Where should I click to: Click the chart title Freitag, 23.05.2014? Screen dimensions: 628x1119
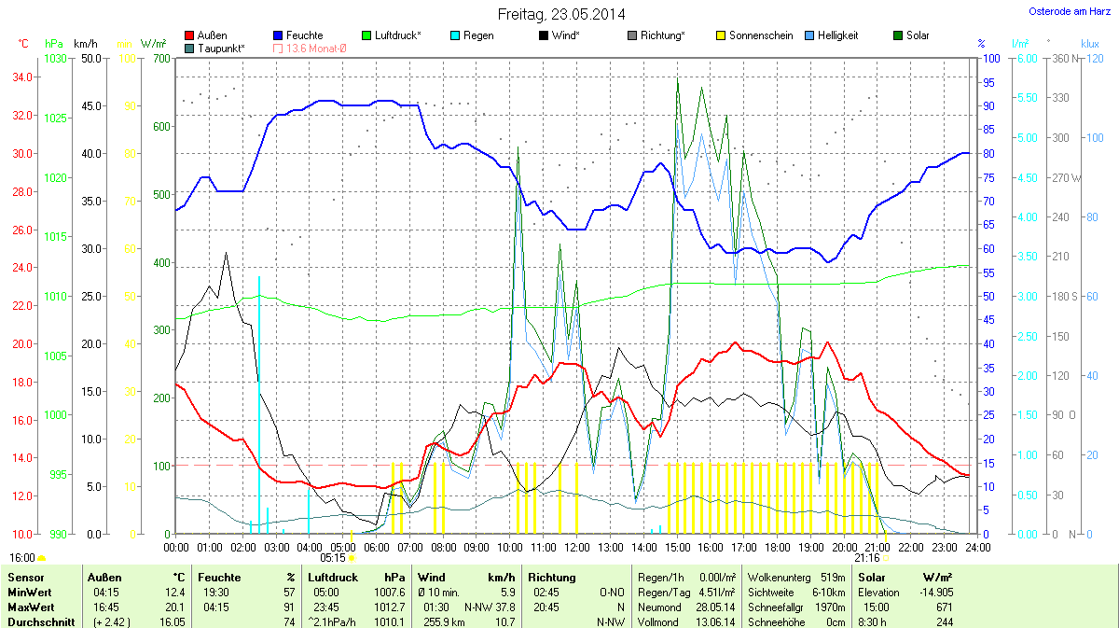560,14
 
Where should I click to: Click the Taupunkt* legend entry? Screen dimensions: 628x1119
221,48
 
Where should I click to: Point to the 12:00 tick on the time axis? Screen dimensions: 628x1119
577,546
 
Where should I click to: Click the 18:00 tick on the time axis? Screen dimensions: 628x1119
778,546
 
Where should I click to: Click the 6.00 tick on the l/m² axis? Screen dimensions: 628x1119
1025,58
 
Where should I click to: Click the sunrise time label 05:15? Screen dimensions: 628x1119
332,557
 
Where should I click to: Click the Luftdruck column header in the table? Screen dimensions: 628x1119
334,578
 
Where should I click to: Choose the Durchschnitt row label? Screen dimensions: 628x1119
41,621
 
